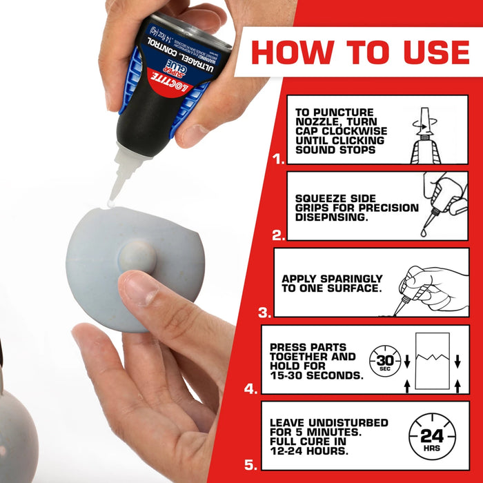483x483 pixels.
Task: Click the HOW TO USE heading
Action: point(359,52)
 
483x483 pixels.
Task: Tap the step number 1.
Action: point(279,159)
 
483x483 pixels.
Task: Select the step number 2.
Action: point(278,235)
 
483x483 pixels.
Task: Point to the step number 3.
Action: point(264,313)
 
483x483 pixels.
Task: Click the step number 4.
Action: point(250,388)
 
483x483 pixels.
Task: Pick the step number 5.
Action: point(250,465)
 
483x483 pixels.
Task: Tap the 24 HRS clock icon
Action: point(431,436)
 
